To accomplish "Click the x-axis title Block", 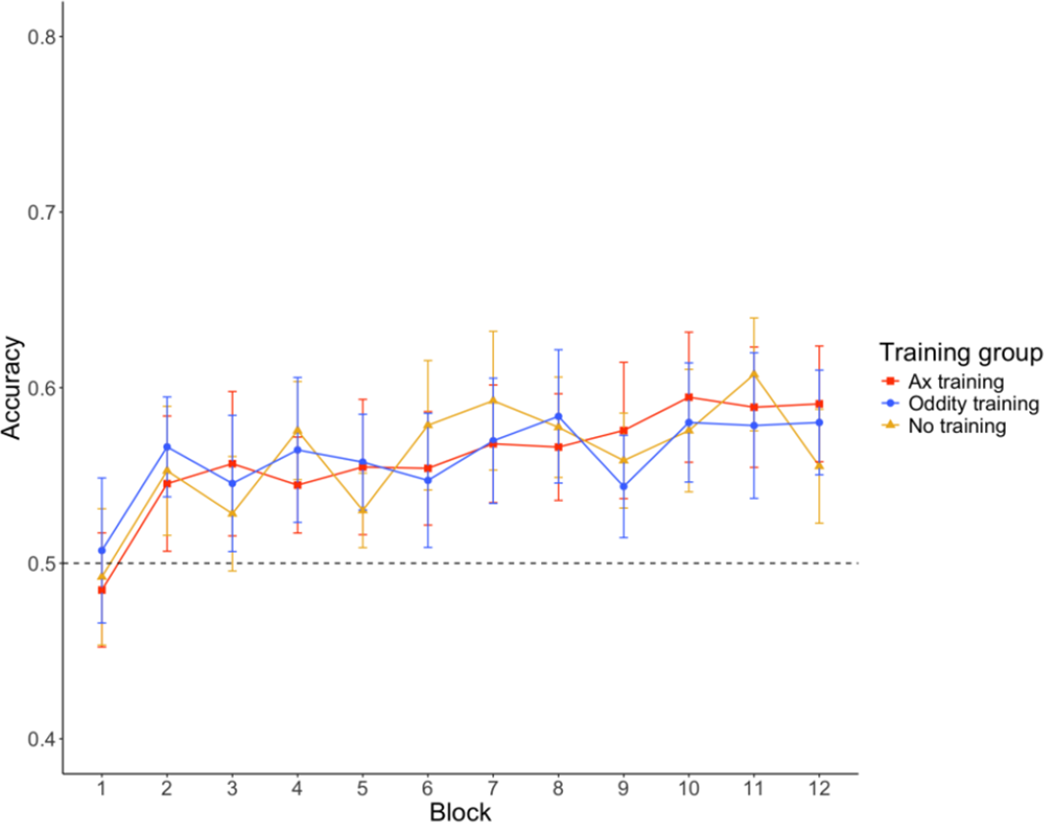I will pyautogui.click(x=460, y=811).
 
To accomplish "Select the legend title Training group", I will pyautogui.click(x=960, y=352).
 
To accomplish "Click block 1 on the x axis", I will pyautogui.click(x=101, y=789).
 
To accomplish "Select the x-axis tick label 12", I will pyautogui.click(x=818, y=789).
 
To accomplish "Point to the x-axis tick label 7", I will pyautogui.click(x=492, y=789).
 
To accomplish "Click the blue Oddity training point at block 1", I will pyautogui.click(x=101, y=551).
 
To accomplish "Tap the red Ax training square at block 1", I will pyautogui.click(x=101, y=589).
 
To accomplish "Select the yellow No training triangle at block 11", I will pyautogui.click(x=753, y=373).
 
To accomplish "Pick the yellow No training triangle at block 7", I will pyautogui.click(x=492, y=400).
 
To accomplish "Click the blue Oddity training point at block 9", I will pyautogui.click(x=623, y=486).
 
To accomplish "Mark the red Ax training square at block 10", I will pyautogui.click(x=688, y=398).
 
